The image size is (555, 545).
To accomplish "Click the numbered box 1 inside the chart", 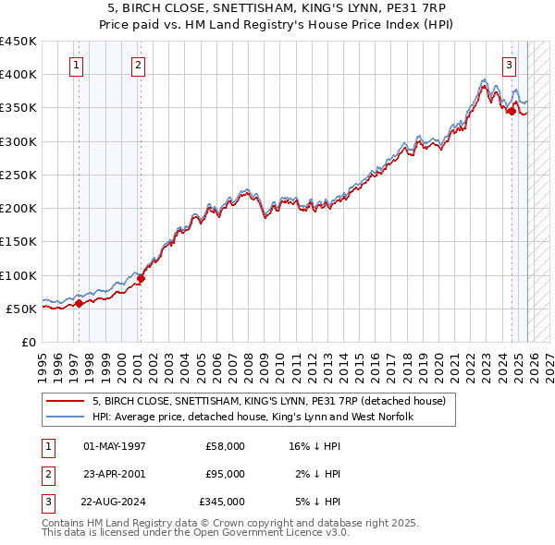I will tap(75, 65).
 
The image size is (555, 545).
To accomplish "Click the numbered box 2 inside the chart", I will tap(138, 65).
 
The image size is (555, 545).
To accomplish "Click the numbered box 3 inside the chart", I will tap(509, 65).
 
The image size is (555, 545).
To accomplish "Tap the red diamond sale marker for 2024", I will tap(512, 112).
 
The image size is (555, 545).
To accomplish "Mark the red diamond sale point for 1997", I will tap(79, 303).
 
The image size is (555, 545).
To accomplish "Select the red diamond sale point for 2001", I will tap(142, 278).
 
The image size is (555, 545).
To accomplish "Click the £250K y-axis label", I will tap(18, 175).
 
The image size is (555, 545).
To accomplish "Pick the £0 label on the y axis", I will tap(28, 342).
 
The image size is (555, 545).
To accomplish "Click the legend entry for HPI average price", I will tap(252, 417).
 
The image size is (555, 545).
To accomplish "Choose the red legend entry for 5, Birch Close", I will tap(268, 401).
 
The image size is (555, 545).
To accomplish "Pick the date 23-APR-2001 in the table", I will tap(115, 474).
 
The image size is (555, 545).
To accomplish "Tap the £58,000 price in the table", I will tap(225, 446).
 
